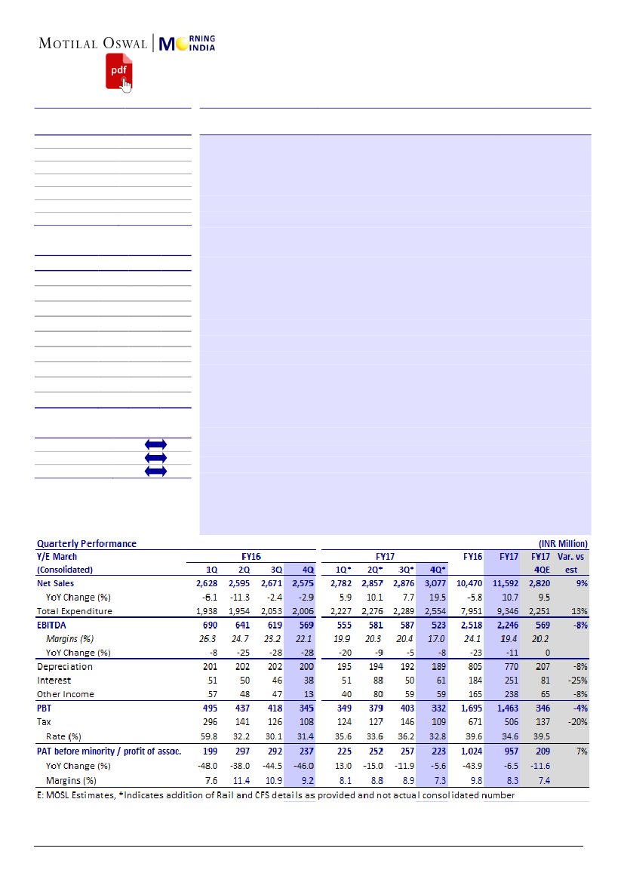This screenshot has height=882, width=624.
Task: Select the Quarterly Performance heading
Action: click(x=87, y=543)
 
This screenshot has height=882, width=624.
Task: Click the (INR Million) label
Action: click(x=563, y=543)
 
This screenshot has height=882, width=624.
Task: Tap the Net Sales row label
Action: click(x=56, y=583)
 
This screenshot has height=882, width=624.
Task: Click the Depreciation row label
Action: click(x=65, y=666)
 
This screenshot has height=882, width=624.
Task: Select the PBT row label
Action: click(x=45, y=708)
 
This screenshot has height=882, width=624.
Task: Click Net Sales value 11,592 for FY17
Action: click(x=503, y=583)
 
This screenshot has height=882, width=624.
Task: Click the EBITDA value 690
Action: click(x=211, y=625)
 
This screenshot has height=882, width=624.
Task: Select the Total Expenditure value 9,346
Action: click(x=505, y=611)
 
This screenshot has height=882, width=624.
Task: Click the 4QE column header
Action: click(x=538, y=570)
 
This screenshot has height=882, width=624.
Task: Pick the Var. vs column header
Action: click(x=571, y=556)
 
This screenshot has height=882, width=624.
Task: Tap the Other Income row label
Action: click(x=66, y=694)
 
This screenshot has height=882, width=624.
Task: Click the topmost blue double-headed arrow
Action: click(x=155, y=444)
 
